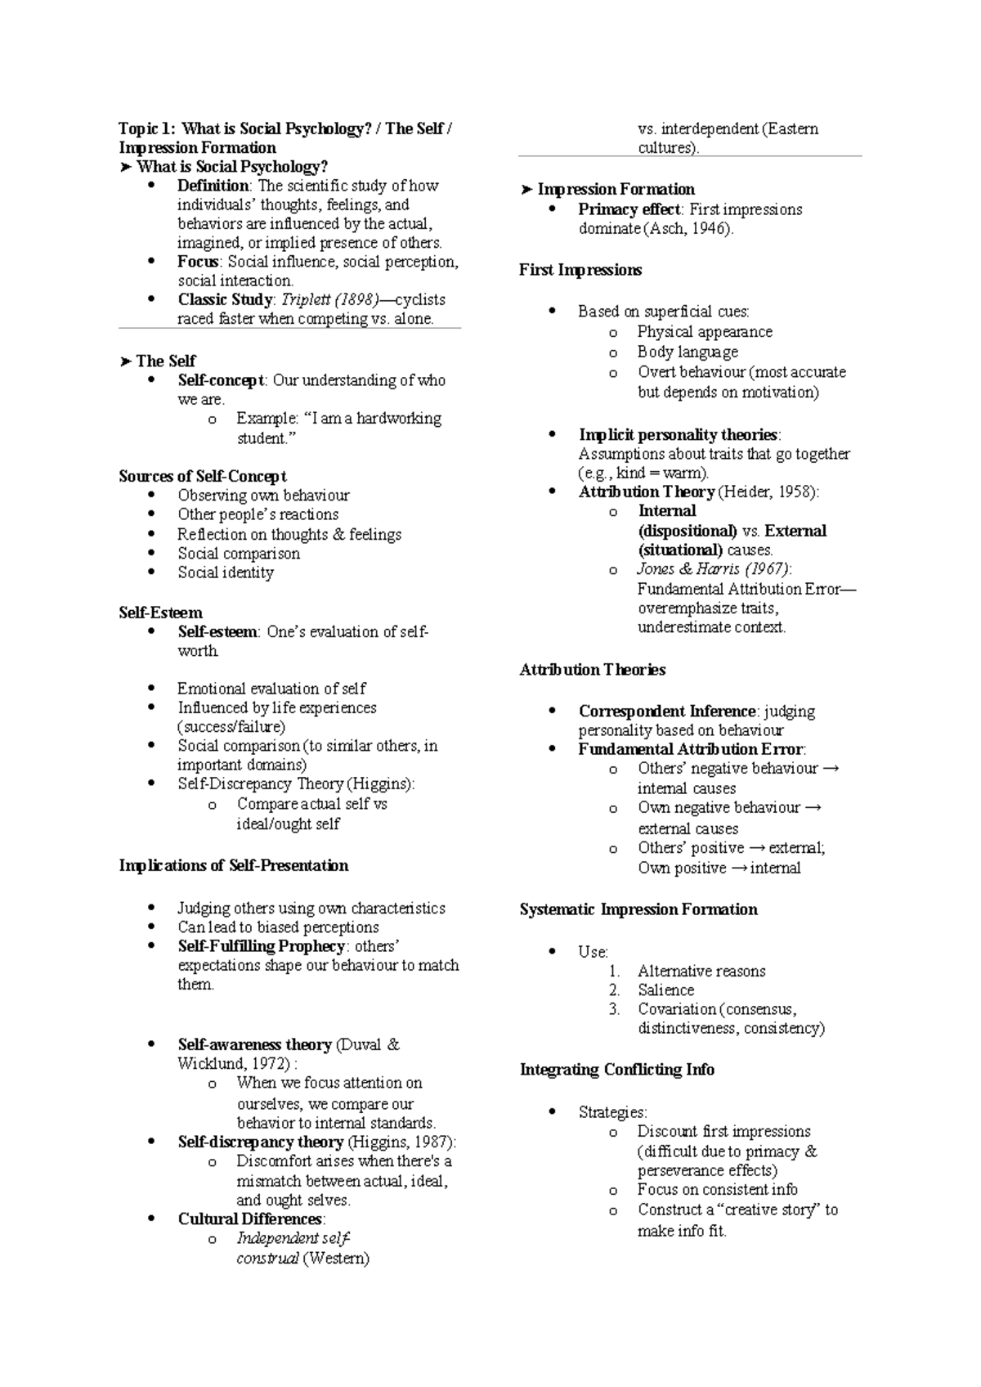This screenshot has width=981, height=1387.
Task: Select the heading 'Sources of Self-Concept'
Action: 203,476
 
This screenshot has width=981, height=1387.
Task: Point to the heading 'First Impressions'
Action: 580,270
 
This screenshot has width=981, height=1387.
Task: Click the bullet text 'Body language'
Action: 688,352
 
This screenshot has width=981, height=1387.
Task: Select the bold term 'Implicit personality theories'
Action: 678,434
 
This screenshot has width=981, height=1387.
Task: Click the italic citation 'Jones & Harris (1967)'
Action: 714,569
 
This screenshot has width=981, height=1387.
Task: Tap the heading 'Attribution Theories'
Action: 593,670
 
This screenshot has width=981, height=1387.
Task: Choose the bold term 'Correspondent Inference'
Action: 667,711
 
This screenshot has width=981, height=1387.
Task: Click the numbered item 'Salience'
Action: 665,990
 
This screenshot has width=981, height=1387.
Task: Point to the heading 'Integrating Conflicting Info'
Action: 617,1070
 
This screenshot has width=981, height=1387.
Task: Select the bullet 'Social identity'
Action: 226,572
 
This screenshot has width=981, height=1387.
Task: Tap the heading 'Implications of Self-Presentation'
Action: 234,865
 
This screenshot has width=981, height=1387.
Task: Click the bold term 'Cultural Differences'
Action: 250,1219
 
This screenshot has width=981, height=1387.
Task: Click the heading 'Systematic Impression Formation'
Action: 638,909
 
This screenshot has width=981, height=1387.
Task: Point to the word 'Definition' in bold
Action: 213,186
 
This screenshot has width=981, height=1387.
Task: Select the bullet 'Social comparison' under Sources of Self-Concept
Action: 239,553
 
